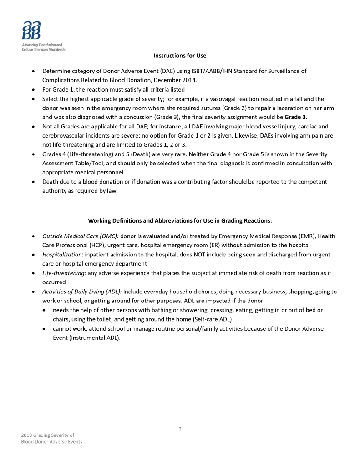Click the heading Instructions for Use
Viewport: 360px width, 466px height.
[180, 56]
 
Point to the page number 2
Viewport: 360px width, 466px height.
[180, 429]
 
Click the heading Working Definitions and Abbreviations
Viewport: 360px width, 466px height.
[180, 220]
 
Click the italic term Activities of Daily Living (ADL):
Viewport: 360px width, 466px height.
[82, 292]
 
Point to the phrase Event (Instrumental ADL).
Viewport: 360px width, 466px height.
[86, 338]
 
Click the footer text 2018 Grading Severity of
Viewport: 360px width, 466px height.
[48, 435]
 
